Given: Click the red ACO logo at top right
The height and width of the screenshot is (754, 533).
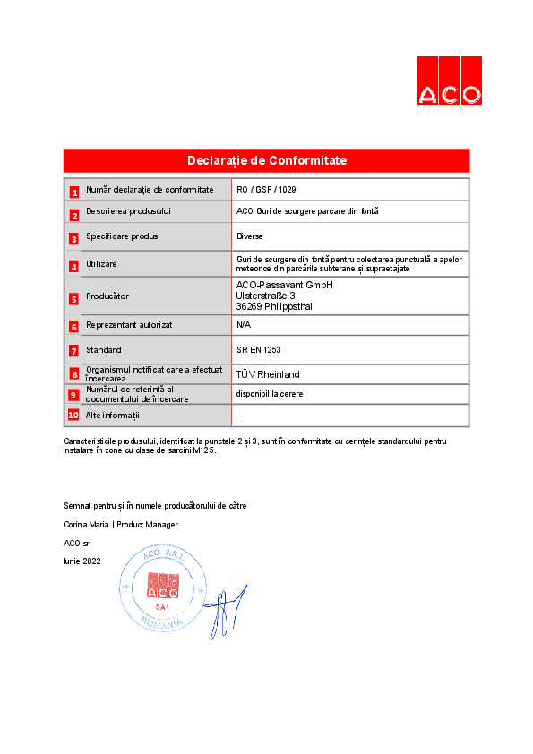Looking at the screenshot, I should point(449,81).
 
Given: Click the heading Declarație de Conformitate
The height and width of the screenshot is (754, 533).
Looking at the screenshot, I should point(266,160).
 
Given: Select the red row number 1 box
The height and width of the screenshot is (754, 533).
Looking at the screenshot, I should point(74,192).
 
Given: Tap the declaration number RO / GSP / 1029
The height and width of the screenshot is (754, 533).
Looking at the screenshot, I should point(266,190).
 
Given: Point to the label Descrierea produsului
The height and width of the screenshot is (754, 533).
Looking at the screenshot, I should point(128,211).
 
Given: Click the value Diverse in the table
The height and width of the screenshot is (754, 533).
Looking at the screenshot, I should point(249,236).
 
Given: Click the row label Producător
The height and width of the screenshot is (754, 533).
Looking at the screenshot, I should point(107,296).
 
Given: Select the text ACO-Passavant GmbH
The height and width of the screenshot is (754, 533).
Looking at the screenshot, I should point(283,285).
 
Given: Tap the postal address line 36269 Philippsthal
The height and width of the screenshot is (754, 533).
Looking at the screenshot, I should point(274,306).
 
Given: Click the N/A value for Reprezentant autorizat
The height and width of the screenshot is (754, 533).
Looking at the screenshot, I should point(243,324).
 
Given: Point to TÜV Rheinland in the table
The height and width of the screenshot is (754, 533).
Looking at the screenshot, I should point(268,374).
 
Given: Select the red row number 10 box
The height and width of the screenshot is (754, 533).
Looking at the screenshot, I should point(74,415).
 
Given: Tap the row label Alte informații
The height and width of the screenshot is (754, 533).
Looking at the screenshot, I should point(113,416).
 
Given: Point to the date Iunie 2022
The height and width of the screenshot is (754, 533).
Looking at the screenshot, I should point(82,561).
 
